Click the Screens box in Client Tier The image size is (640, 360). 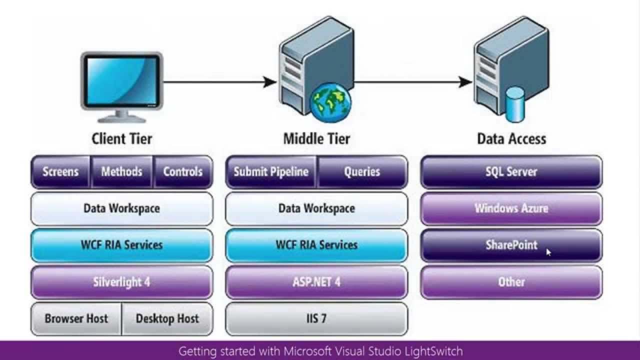[60, 171]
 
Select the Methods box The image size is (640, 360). [121, 171]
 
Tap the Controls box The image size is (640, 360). [183, 171]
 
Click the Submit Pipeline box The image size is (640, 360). [271, 171]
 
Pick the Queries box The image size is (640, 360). [362, 171]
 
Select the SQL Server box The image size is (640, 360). [511, 171]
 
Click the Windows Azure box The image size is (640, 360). [511, 208]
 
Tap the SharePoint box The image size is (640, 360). [511, 245]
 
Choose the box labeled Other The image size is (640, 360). [511, 282]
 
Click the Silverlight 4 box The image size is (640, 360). [121, 282]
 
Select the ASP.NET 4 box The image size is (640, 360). [316, 282]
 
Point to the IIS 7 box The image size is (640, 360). [316, 318]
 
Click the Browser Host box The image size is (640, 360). [76, 318]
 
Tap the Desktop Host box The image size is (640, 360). [167, 318]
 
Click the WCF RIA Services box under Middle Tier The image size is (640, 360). [316, 245]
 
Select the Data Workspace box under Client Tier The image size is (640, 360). [121, 208]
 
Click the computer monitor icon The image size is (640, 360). [121, 82]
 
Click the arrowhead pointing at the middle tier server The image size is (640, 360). [270, 81]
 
